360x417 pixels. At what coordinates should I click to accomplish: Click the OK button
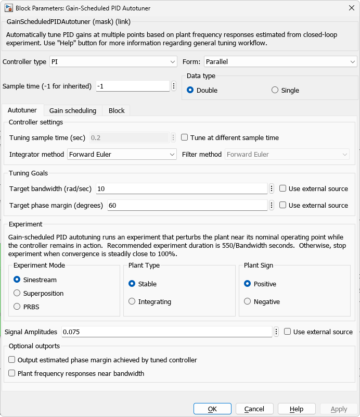(212, 409)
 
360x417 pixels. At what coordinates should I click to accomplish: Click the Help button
(297, 409)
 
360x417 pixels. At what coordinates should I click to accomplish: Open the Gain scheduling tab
(73, 110)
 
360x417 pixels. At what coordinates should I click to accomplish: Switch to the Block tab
(117, 110)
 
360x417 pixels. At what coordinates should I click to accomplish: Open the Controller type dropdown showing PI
(113, 62)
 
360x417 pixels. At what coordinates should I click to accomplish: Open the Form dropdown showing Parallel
(280, 62)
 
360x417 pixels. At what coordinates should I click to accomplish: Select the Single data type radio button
(275, 90)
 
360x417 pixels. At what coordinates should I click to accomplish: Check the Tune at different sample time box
(185, 138)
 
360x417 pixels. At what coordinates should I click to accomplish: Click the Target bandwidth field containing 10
(182, 189)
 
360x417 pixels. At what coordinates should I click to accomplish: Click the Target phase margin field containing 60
(187, 206)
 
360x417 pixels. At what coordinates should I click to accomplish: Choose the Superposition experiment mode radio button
(17, 293)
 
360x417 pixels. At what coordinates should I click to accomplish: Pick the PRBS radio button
(17, 307)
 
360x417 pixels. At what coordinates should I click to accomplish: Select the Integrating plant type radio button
(132, 301)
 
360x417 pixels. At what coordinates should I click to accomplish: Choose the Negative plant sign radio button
(248, 301)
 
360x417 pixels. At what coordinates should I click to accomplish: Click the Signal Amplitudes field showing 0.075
(166, 332)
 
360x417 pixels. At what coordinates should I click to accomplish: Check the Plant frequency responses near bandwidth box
(12, 373)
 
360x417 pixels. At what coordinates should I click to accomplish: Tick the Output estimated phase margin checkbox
(12, 360)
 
